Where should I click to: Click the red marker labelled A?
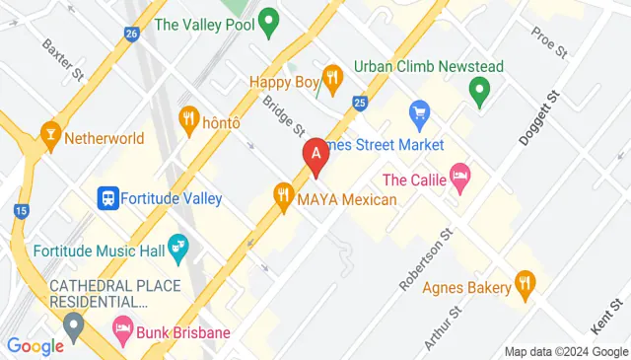[x=315, y=155]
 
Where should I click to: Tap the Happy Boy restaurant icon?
[x=333, y=77]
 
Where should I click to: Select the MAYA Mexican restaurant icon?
[x=285, y=195]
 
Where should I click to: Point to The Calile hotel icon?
[x=459, y=178]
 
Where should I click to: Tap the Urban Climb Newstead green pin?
[x=480, y=92]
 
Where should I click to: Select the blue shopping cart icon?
[x=419, y=112]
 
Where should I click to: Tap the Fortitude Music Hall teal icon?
[x=178, y=246]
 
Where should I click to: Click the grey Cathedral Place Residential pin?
[x=73, y=324]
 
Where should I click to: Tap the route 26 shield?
[x=131, y=33]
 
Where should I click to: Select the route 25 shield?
[x=360, y=102]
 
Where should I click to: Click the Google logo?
[x=35, y=345]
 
